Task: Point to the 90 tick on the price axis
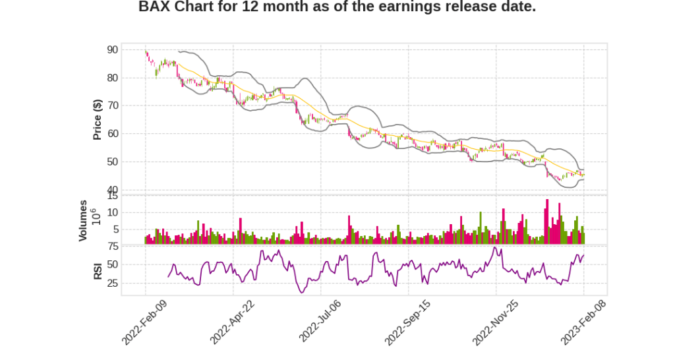point(112,50)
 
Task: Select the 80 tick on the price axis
point(112,78)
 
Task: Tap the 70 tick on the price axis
point(112,105)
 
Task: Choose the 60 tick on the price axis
point(112,134)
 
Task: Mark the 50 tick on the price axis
point(112,162)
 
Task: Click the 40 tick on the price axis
point(112,190)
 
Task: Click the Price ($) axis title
point(97,119)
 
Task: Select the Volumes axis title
point(83,220)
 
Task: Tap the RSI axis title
point(98,271)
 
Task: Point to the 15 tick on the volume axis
point(112,196)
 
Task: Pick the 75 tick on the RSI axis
point(112,246)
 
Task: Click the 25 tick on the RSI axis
point(112,284)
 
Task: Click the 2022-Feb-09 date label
point(145,321)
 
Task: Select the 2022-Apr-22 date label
point(232,321)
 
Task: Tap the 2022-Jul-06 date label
point(320,321)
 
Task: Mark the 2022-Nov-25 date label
point(496,321)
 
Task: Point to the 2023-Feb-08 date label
point(583,321)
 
